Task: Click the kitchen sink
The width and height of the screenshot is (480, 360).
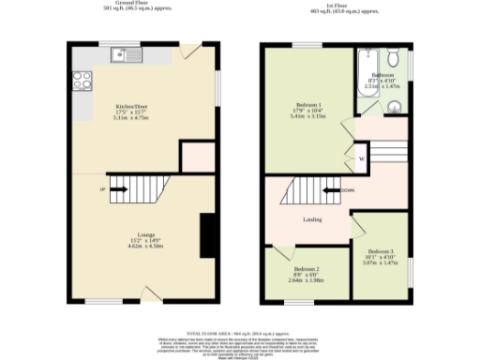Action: pos(125,55)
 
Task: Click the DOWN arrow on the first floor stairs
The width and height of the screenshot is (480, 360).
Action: pos(335,192)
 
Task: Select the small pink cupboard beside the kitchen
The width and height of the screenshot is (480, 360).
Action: pos(197,156)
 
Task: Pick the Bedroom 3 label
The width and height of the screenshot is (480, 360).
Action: pos(381,256)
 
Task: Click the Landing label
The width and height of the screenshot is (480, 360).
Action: pos(313,219)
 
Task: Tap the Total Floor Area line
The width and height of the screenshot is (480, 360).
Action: pos(240,333)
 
